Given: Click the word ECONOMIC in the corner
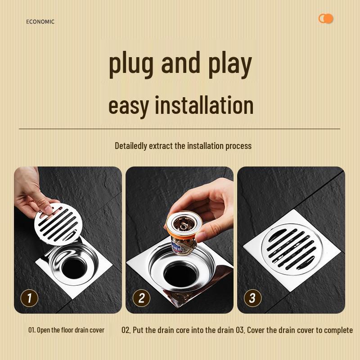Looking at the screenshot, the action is [40, 22].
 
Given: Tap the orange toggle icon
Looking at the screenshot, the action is [325, 18].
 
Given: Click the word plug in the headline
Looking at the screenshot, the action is [131, 64].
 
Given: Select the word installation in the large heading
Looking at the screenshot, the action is [204, 105].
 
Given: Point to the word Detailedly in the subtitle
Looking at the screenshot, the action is [130, 146].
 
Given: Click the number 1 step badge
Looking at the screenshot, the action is [29, 298].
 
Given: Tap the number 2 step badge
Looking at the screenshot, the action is [141, 298].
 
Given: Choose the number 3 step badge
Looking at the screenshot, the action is [252, 298].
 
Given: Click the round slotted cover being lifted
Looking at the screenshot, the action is [58, 224].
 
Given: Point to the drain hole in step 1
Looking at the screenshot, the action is [74, 268].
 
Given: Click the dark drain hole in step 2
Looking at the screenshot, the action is [180, 275].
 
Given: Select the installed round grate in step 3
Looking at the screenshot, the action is [292, 249].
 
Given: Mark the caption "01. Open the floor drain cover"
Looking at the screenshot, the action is [66, 330].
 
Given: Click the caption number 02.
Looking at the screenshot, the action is [126, 330].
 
